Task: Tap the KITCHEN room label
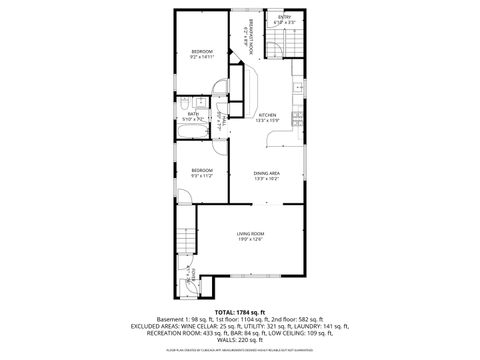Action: [267, 115]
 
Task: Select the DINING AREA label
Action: [266, 173]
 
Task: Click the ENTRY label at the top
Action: [285, 18]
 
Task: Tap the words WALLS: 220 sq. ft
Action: [239, 340]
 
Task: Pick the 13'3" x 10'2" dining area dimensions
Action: [266, 180]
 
